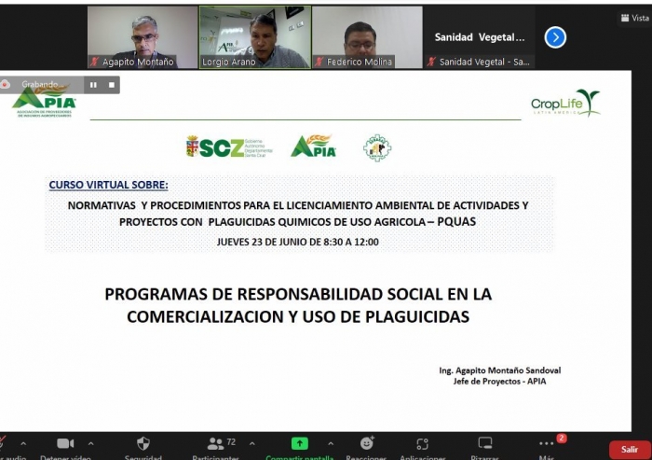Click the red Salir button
[631, 450]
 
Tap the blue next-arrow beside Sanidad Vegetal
[555, 37]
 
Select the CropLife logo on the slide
[564, 104]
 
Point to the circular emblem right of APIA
[376, 147]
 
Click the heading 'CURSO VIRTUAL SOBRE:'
[109, 185]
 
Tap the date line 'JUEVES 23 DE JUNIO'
[297, 242]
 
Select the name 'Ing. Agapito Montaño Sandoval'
[499, 370]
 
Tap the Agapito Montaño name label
[137, 62]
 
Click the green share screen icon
[299, 443]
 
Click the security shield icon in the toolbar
[143, 443]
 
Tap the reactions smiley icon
[366, 443]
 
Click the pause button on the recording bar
[93, 84]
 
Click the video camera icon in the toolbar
[65, 443]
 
